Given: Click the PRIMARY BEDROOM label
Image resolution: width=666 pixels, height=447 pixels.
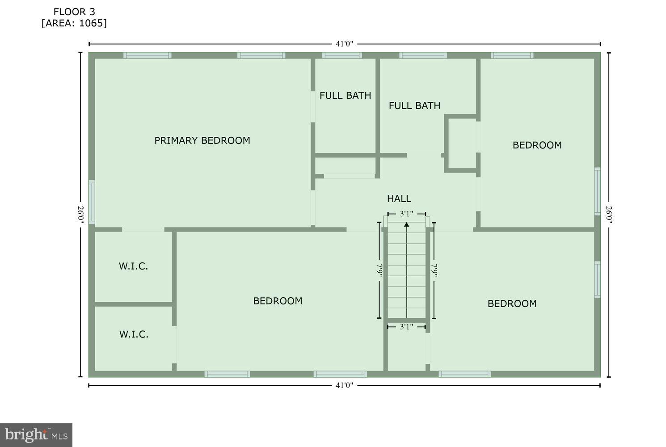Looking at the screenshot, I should coord(202,140).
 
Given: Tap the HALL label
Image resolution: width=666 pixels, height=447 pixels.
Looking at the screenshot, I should coord(399,198).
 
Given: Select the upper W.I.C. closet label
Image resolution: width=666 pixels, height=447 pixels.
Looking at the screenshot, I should coord(133,266).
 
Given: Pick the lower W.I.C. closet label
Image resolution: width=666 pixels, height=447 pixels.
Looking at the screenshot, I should coord(134,334).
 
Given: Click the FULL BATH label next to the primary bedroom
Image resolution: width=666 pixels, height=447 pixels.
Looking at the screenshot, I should coord(345,95).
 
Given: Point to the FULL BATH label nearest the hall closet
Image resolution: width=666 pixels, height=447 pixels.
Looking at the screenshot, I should coord(414,105).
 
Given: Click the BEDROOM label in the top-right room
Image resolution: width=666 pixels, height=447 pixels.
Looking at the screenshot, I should coord(537,145).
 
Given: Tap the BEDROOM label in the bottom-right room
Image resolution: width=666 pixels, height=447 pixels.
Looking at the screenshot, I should coord(512,304).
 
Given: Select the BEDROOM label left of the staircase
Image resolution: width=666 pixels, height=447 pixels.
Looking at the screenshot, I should coord(278,301).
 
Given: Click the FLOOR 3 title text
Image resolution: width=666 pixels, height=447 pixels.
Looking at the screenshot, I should coord(74,12).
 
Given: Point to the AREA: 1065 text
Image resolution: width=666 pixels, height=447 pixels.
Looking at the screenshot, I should coord(74,23).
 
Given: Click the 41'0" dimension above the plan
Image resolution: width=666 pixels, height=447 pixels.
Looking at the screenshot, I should coord(344,44).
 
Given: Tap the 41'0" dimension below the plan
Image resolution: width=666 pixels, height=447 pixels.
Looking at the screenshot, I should coord(344,385).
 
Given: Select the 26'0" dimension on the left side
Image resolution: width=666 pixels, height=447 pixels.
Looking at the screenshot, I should coord(80,215).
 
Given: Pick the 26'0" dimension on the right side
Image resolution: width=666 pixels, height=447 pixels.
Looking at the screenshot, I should coord(609,215).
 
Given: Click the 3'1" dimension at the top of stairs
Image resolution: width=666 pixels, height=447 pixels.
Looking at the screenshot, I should coord(406,214).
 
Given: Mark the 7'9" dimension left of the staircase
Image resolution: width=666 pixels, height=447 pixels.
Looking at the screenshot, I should coord(379,270).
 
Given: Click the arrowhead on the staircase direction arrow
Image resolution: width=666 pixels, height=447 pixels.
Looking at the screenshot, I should coord(406,224).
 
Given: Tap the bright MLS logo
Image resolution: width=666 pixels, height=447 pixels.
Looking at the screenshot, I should coord(36,435).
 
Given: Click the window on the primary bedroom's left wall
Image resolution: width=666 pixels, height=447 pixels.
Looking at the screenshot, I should coord(92,202).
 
